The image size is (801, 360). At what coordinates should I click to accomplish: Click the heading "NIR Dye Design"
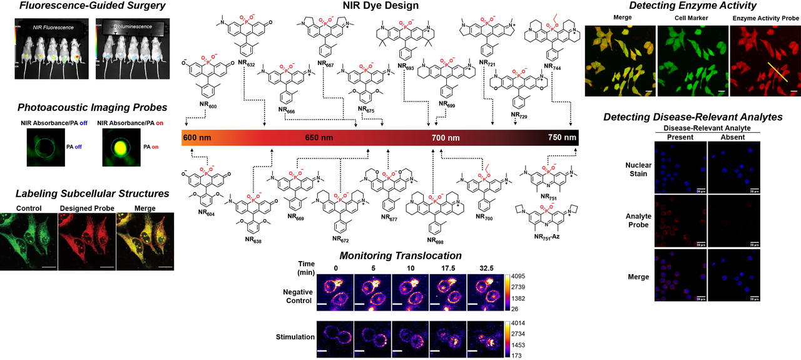[x=380, y=6]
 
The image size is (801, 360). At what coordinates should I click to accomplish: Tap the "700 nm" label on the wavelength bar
[x=445, y=138]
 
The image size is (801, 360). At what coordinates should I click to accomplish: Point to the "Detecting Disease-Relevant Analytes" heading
[x=692, y=117]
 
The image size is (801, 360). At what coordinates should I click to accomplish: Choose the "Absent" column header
[x=732, y=137]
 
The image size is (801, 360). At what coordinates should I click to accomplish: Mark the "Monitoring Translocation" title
[x=400, y=255]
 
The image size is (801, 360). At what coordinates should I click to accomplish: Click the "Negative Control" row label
[x=298, y=296]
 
